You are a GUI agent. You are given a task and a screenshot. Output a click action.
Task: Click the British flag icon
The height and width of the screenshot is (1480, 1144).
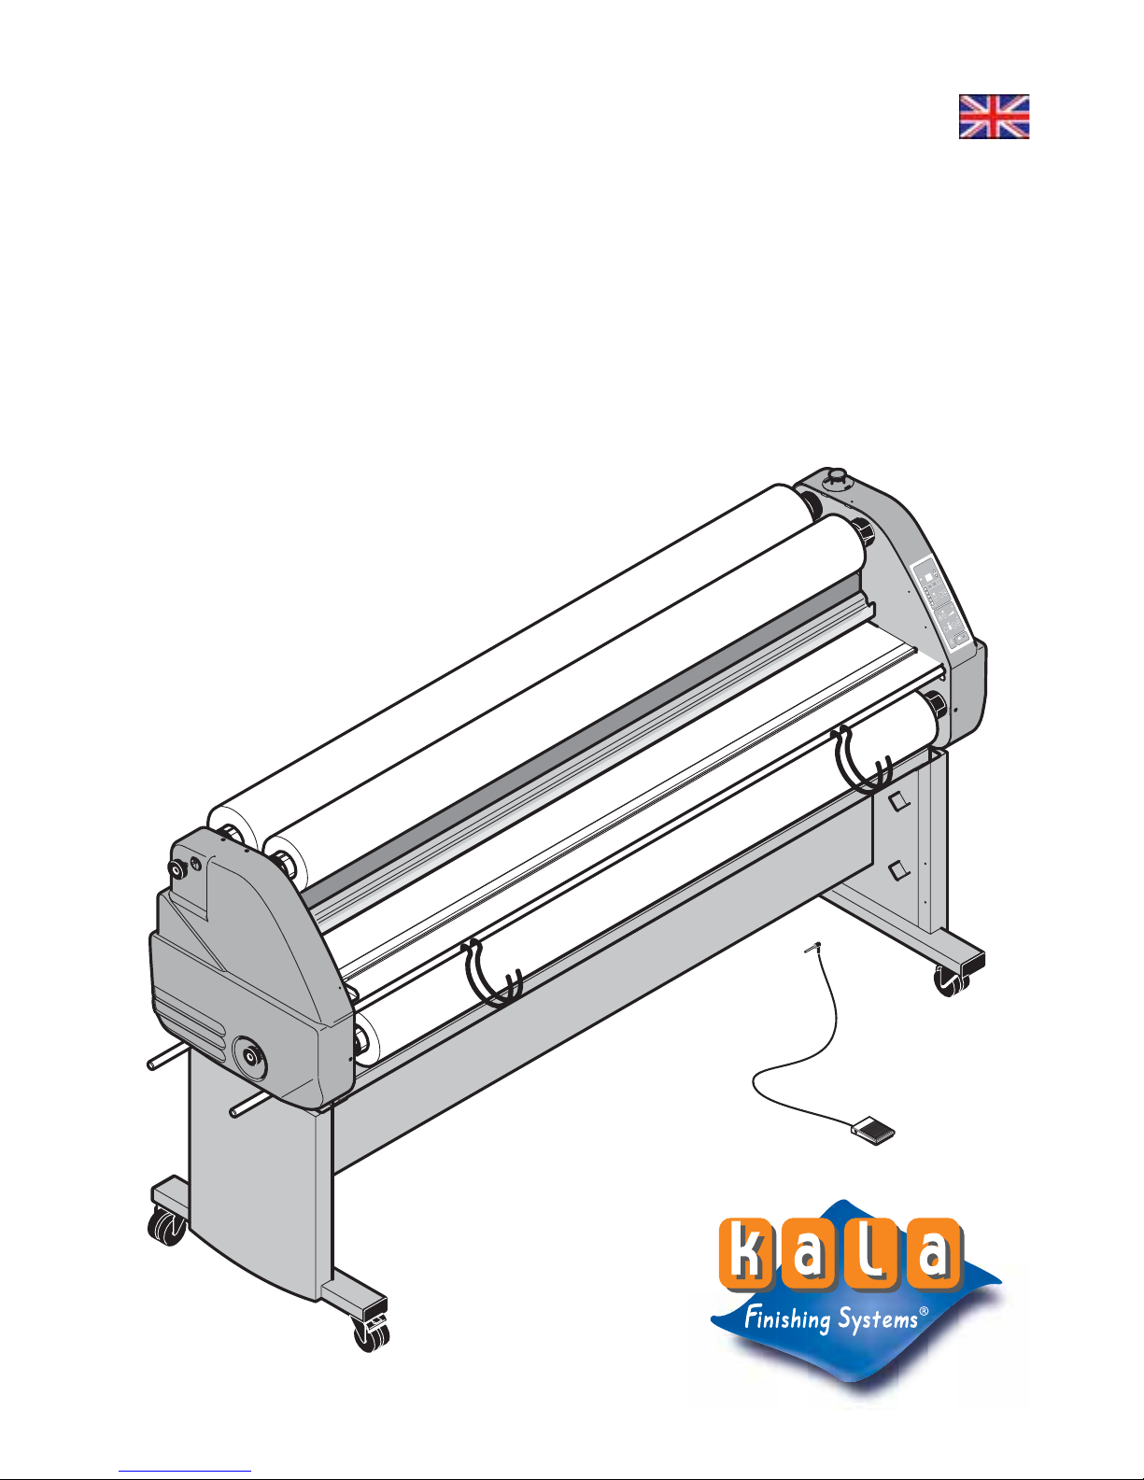click(x=994, y=117)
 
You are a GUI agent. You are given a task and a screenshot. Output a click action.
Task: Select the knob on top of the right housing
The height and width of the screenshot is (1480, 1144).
click(x=836, y=478)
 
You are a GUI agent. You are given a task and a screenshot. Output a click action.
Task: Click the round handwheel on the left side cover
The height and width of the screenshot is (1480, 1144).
click(x=249, y=1056)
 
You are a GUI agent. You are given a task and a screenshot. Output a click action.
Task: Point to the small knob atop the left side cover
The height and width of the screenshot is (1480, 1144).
click(x=178, y=869)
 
